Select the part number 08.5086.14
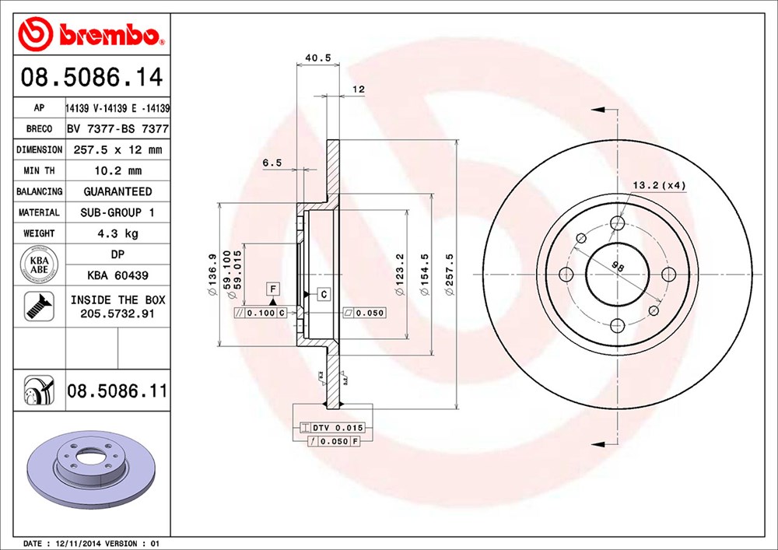coord(92,78)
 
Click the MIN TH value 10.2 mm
coord(117,170)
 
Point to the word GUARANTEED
coord(117,191)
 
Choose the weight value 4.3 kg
coord(117,233)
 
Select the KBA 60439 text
coord(117,275)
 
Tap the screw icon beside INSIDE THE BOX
coord(38,307)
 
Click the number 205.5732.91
coord(117,313)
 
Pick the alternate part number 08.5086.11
coord(117,391)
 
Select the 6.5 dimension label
coord(272,163)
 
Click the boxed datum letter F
coord(273,289)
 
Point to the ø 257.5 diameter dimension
coord(448,276)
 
